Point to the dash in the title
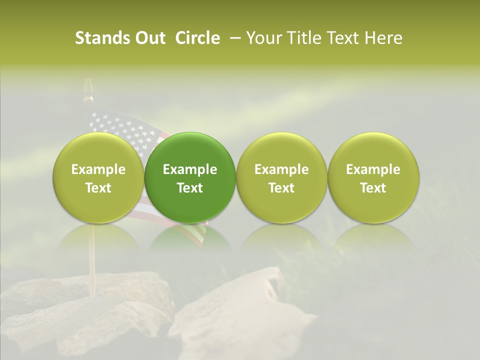coord(233,38)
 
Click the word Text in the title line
coord(343,38)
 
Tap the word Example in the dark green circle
coord(190,169)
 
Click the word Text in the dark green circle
coord(190,188)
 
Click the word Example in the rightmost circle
coord(373,169)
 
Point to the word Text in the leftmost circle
coord(98,188)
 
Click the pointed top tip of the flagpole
coord(88,82)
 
